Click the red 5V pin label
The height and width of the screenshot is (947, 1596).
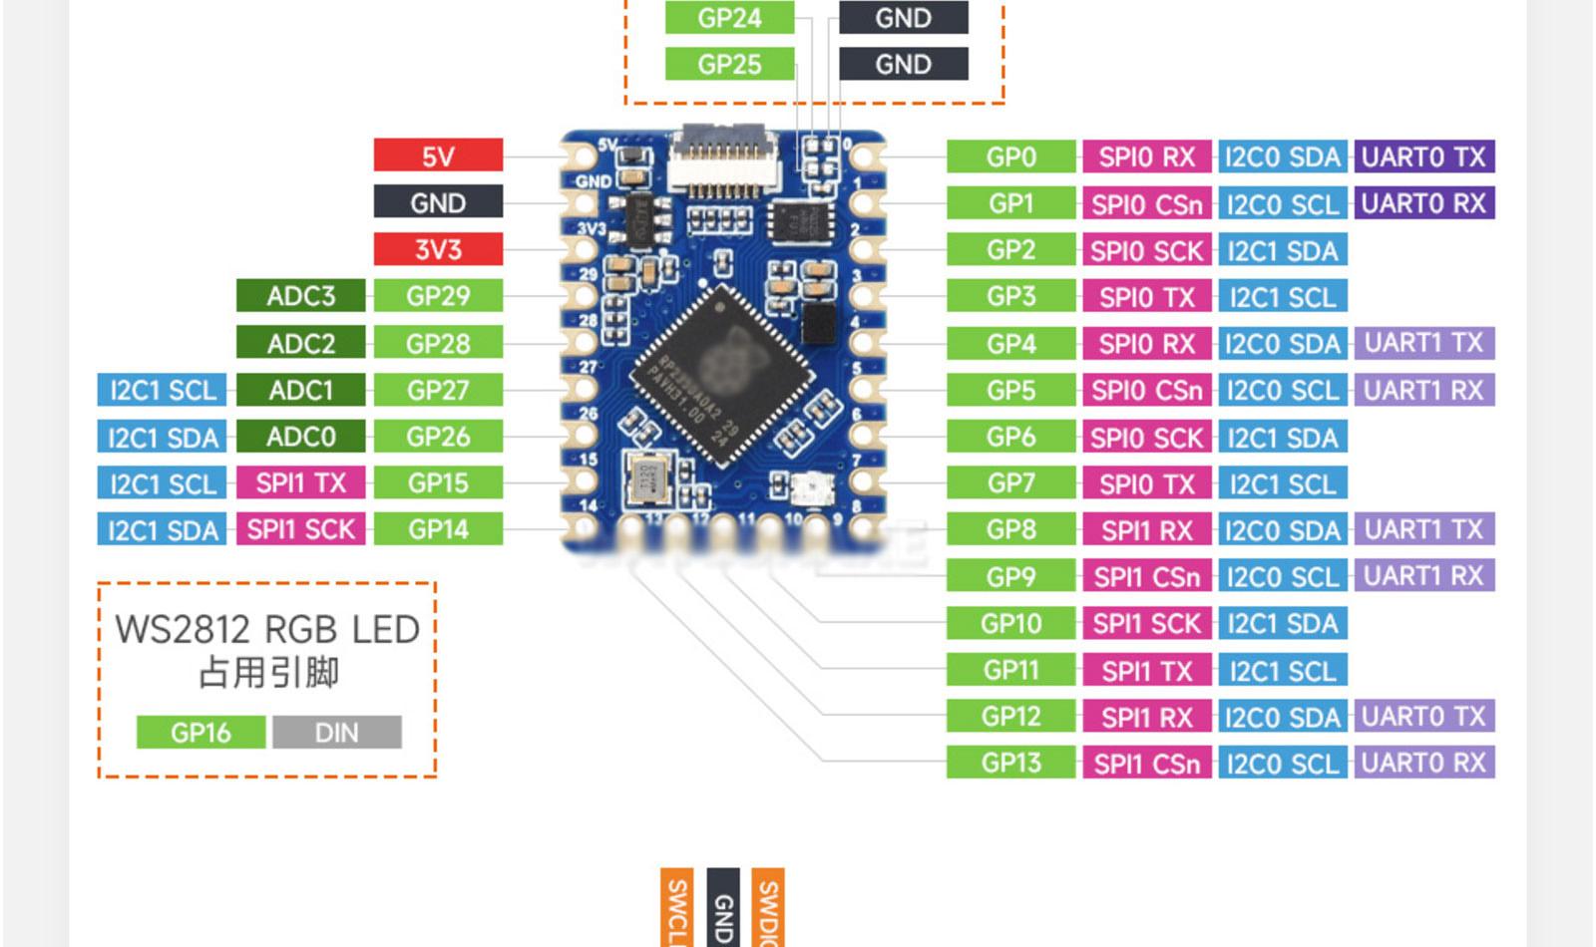[x=438, y=156]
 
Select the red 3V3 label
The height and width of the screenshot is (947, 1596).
[x=438, y=249]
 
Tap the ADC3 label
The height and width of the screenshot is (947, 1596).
[x=300, y=296]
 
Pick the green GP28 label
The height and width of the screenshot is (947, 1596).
[x=438, y=343]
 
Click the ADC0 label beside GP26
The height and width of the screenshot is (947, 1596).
[x=300, y=437]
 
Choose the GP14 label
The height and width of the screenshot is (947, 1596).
[x=438, y=529]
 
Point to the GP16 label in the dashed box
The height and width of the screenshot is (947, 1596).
[x=200, y=733]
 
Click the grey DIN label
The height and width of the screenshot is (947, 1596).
[x=336, y=733]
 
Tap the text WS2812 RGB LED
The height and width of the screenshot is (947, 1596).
[x=266, y=630]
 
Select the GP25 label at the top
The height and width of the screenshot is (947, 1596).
[x=729, y=64]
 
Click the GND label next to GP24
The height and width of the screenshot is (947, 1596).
[x=903, y=18]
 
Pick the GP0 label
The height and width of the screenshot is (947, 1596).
[x=1010, y=157]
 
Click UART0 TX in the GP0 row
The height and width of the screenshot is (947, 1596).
[x=1423, y=157]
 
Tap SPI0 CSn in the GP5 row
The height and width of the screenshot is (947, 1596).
[x=1146, y=390]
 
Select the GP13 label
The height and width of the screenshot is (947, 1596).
[x=1010, y=763]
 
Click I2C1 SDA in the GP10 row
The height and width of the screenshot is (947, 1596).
[x=1282, y=623]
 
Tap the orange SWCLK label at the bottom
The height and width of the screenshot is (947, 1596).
[x=676, y=909]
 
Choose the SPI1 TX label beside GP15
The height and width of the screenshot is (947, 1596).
[x=300, y=483]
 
